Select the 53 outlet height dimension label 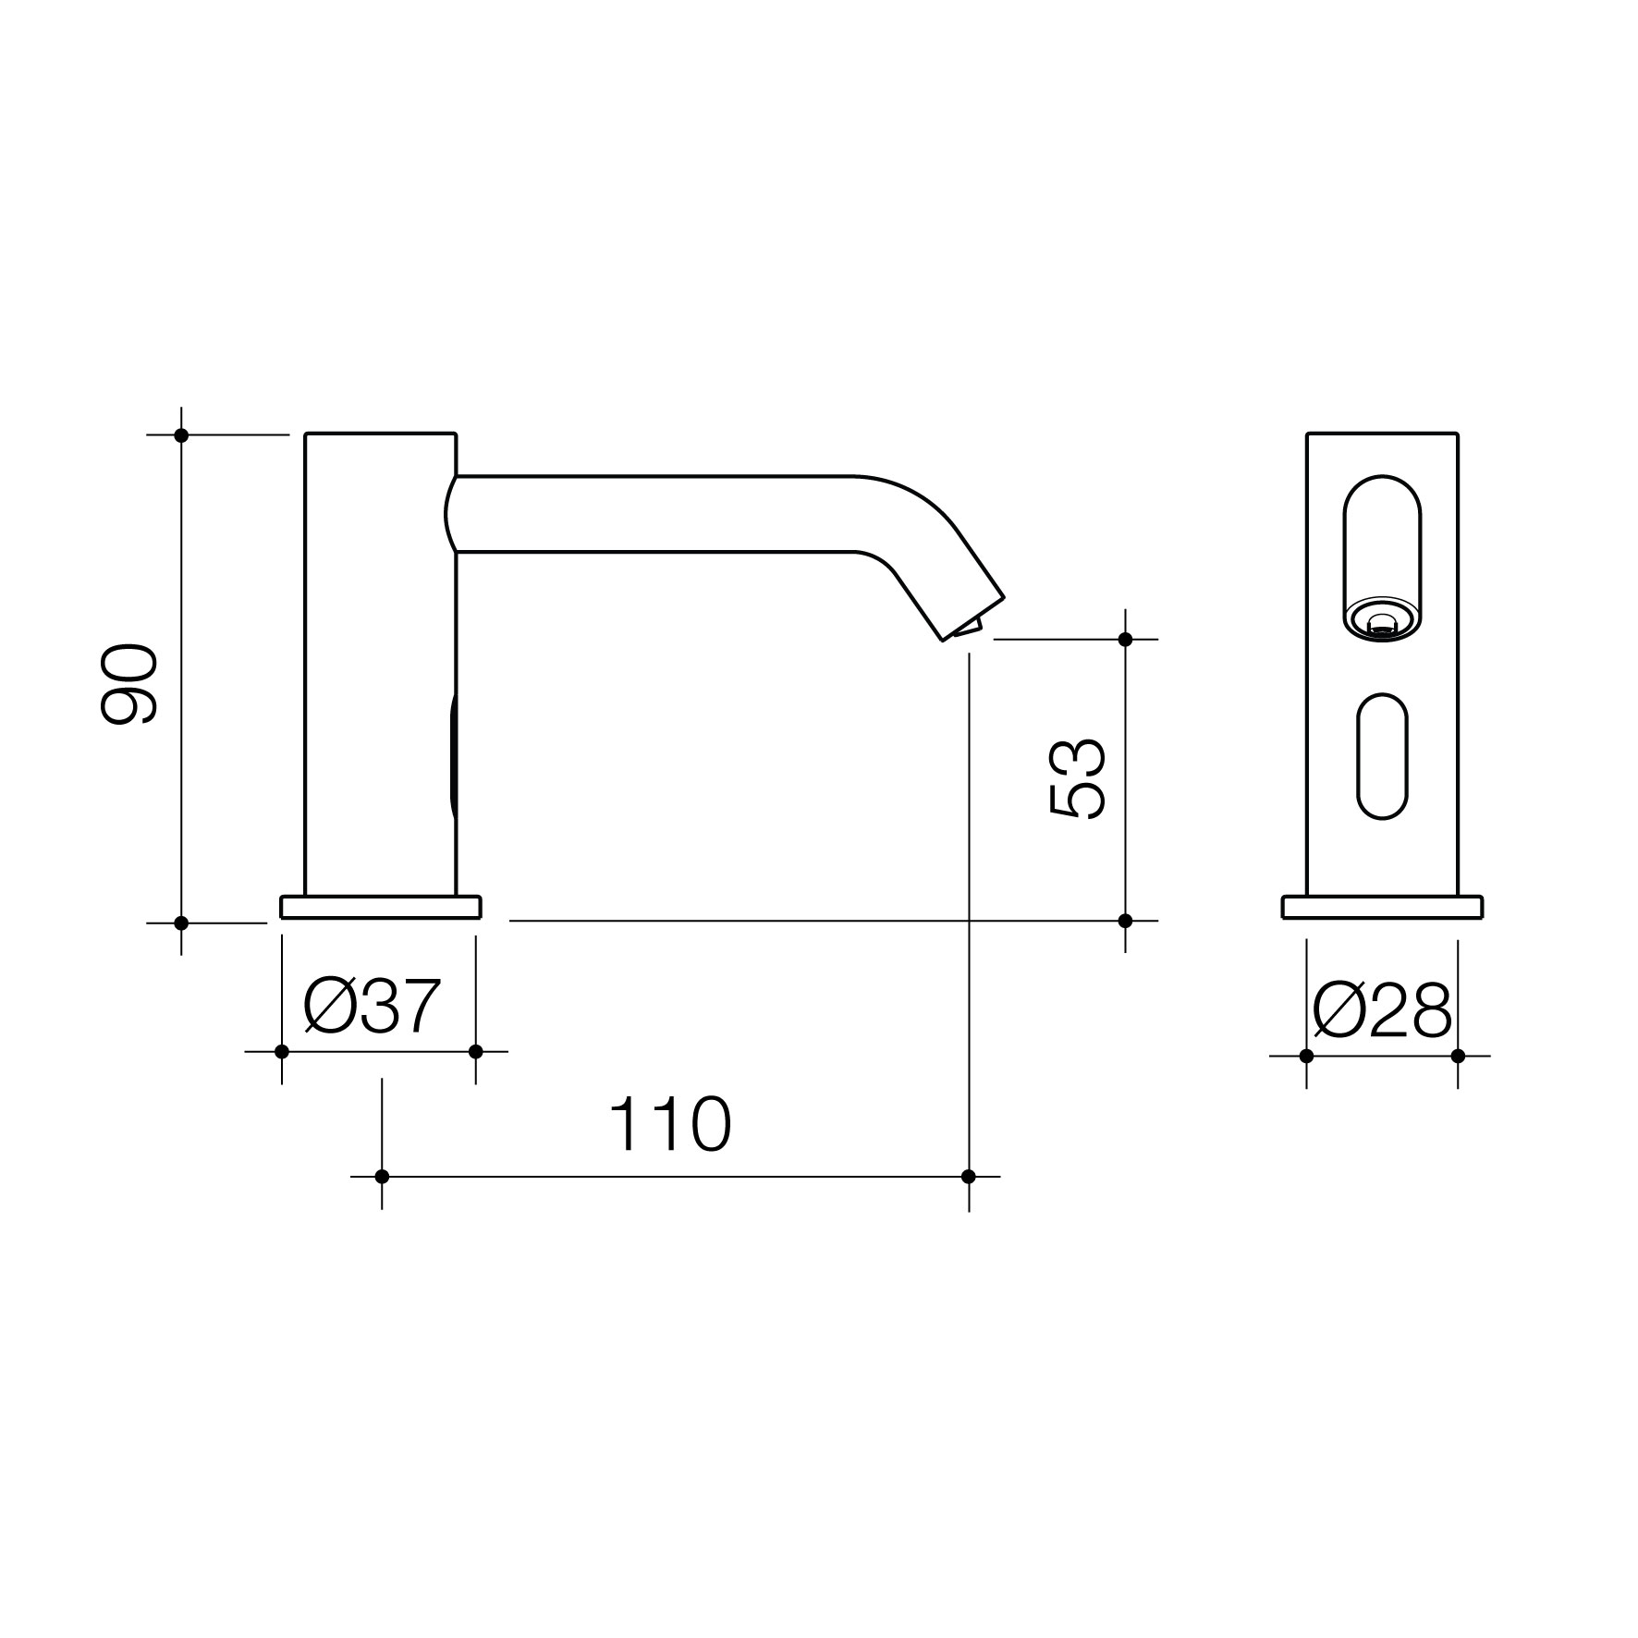point(1078,779)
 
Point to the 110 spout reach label point(670,1124)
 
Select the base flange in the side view point(381,907)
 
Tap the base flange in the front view point(1382,907)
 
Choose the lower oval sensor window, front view point(1382,756)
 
